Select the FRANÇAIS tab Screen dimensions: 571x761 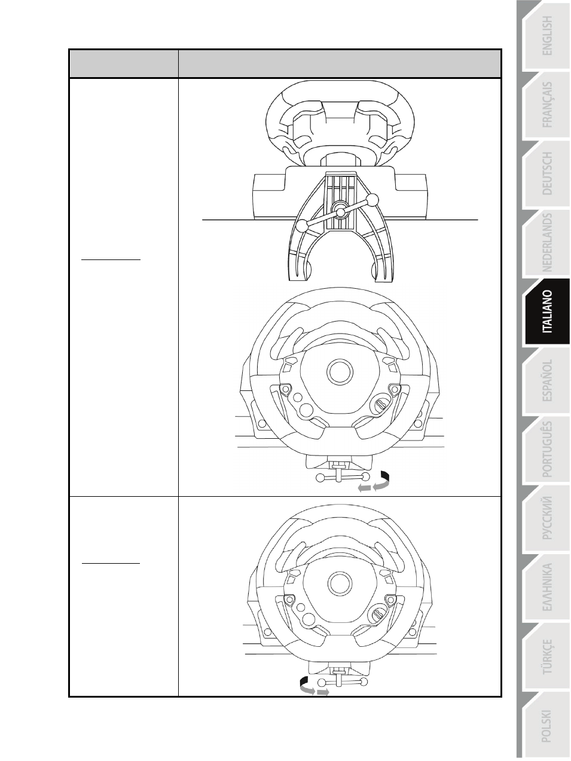(548, 105)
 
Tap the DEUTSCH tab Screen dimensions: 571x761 (548, 174)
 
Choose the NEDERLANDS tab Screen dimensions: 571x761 (548, 243)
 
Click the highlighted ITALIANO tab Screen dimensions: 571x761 (548, 311)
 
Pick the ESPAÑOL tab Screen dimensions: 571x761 (548, 380)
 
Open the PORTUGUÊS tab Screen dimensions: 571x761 (548, 449)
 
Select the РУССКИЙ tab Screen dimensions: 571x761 (548, 518)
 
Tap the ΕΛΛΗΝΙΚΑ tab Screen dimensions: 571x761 (548, 587)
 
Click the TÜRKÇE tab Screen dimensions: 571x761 (548, 656)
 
